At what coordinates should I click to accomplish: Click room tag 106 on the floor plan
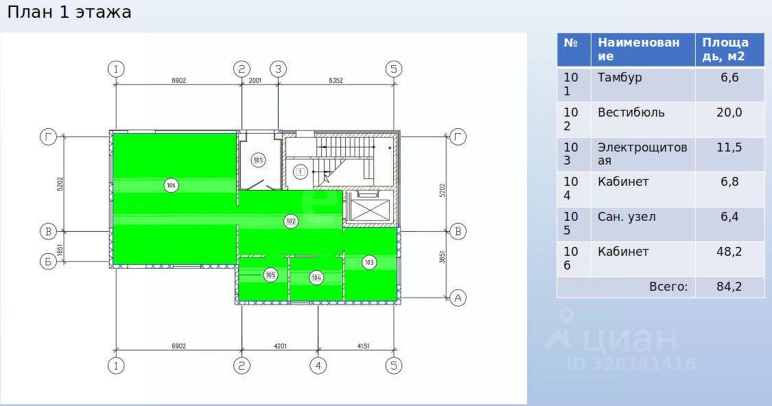pos(171,186)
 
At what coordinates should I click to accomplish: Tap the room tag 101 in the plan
pos(258,159)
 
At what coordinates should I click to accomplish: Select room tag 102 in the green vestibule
pos(291,222)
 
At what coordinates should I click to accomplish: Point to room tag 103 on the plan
pos(369,262)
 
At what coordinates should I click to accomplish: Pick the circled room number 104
pos(316,278)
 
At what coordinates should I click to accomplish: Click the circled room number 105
pos(270,274)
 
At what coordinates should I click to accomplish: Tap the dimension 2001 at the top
pos(255,80)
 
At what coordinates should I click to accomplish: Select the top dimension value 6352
pos(336,80)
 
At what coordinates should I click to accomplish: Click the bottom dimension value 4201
pos(280,346)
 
